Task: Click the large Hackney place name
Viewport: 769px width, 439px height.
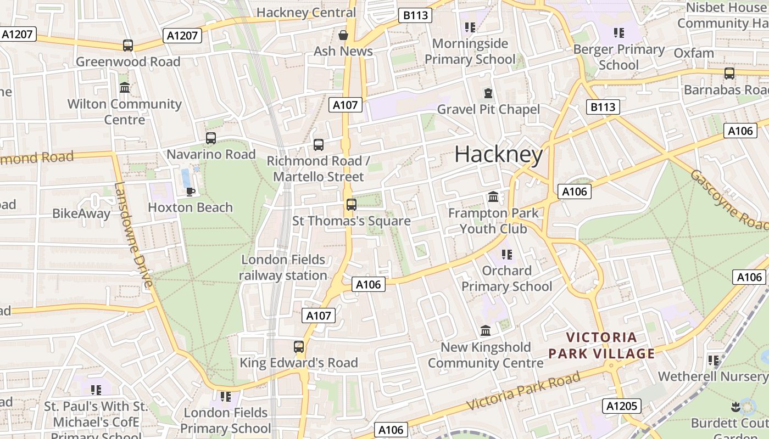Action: pyautogui.click(x=498, y=155)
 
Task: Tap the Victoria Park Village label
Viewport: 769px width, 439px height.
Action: pyautogui.click(x=610, y=345)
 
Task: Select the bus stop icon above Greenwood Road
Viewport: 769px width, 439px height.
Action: pyautogui.click(x=128, y=46)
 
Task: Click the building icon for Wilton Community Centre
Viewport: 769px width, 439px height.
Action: pyautogui.click(x=125, y=87)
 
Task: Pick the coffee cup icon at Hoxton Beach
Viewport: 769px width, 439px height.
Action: pyautogui.click(x=190, y=191)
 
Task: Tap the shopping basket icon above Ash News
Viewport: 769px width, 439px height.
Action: pyautogui.click(x=343, y=35)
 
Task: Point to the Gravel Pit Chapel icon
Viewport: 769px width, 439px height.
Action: pyautogui.click(x=488, y=93)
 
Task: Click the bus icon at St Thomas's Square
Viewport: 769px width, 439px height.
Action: pyautogui.click(x=351, y=205)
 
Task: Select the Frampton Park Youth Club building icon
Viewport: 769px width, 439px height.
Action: pyautogui.click(x=493, y=196)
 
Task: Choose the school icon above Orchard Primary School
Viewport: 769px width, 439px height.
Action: pyautogui.click(x=506, y=255)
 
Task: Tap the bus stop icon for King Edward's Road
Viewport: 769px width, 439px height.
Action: pyautogui.click(x=298, y=347)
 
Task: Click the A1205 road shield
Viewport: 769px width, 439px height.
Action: pyautogui.click(x=622, y=406)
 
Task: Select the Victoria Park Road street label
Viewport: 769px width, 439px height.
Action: pyautogui.click(x=523, y=391)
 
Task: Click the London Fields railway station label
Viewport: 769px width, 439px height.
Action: pyautogui.click(x=283, y=267)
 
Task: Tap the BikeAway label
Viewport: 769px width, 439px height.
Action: pyautogui.click(x=81, y=213)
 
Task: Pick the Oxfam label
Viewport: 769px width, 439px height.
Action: pyautogui.click(x=693, y=53)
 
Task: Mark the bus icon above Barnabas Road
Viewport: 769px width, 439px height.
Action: pyautogui.click(x=729, y=74)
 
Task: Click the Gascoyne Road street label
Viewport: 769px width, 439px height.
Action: pyautogui.click(x=728, y=199)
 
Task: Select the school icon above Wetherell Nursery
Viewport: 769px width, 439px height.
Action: pyautogui.click(x=713, y=361)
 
